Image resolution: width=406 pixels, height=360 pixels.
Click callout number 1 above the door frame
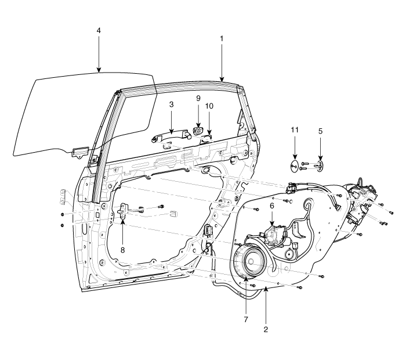pyautogui.click(x=221, y=38)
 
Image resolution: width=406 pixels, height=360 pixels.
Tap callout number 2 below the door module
pyautogui.click(x=266, y=328)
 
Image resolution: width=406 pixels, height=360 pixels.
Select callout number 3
pyautogui.click(x=171, y=105)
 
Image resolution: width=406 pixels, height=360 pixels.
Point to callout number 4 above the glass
pyautogui.click(x=99, y=30)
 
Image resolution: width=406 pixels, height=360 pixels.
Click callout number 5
pyautogui.click(x=320, y=131)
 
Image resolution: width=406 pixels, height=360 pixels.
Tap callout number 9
pyautogui.click(x=198, y=99)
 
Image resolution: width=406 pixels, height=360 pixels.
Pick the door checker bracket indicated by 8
pyautogui.click(x=125, y=211)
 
